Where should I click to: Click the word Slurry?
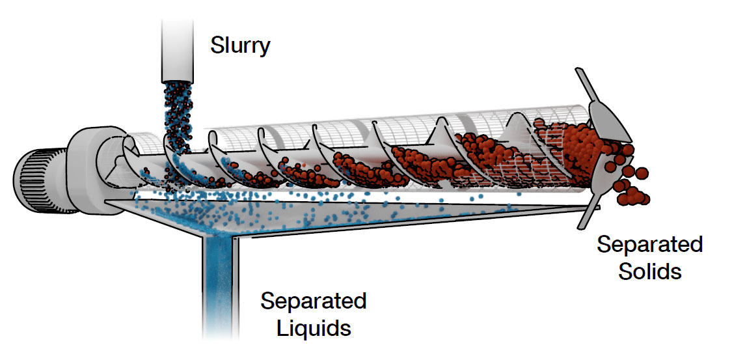[x=239, y=46]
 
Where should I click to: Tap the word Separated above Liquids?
[x=313, y=301]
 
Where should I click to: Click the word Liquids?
[x=314, y=327]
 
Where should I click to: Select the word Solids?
[x=649, y=270]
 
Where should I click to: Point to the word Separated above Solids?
[x=649, y=245]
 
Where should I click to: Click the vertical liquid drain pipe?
[x=219, y=280]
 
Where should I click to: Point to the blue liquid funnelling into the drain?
[x=215, y=225]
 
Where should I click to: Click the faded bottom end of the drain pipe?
[x=219, y=332]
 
